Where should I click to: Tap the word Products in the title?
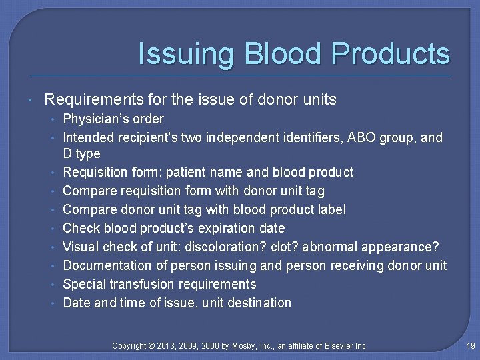click(x=391, y=54)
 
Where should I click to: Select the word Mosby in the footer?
click(x=245, y=345)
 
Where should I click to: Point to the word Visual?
click(x=81, y=247)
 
